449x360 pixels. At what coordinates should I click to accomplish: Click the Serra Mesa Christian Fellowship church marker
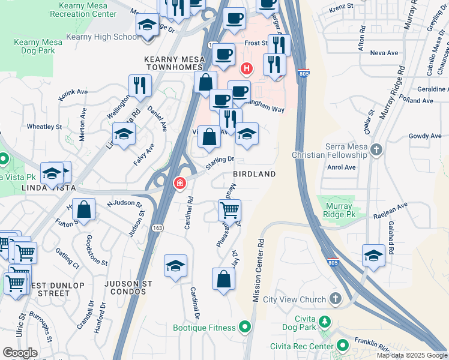click(x=376, y=149)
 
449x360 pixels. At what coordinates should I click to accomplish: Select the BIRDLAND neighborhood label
click(x=254, y=174)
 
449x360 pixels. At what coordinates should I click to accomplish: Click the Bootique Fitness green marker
click(x=245, y=327)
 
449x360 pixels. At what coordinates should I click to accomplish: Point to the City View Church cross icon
click(x=335, y=299)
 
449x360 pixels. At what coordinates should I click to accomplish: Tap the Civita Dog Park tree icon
click(x=325, y=321)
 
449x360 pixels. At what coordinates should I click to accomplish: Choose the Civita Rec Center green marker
click(x=343, y=345)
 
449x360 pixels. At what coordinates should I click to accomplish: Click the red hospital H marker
click(x=246, y=67)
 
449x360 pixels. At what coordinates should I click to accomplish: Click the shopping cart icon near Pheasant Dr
click(x=229, y=211)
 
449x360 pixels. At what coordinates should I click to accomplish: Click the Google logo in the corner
click(x=19, y=353)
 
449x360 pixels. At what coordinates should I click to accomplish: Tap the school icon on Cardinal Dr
click(x=175, y=265)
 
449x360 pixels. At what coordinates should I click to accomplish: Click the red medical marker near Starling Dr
click(x=179, y=183)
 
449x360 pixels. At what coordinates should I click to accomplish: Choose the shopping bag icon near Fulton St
click(x=85, y=210)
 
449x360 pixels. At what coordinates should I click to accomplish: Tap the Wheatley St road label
click(x=44, y=127)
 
